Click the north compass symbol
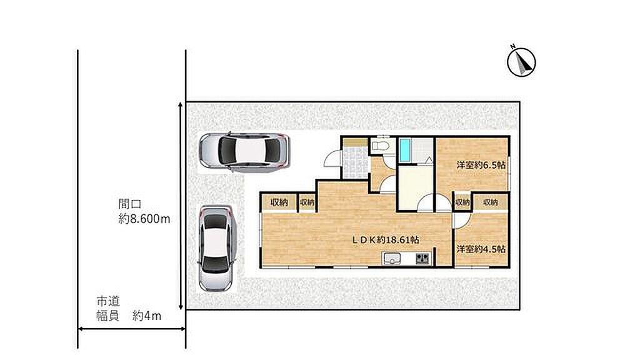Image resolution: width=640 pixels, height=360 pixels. (x=521, y=61)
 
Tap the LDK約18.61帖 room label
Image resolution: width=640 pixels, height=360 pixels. (x=386, y=240)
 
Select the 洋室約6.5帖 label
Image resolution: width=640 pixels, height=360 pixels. (x=481, y=165)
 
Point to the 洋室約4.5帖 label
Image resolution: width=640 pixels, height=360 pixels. (x=481, y=249)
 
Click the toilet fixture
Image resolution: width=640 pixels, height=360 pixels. (x=380, y=146)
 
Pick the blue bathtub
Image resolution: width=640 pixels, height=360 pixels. (x=404, y=150)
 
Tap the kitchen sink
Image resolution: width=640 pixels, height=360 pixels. (x=392, y=259)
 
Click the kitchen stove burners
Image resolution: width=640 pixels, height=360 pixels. (x=423, y=258)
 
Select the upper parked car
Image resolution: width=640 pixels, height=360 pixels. (x=244, y=152)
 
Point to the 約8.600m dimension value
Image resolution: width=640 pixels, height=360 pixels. (x=144, y=219)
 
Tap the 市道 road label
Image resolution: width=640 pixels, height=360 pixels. (x=108, y=302)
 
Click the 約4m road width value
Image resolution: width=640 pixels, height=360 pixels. (x=146, y=316)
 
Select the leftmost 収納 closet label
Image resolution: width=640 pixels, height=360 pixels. (x=279, y=202)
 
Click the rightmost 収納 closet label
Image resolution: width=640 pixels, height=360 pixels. (x=491, y=202)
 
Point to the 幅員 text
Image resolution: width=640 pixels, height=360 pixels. (x=108, y=316)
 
